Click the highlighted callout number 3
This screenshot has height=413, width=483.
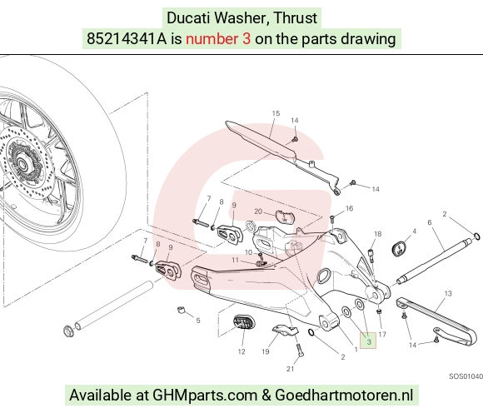(369, 341)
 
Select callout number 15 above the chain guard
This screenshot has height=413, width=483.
(276, 113)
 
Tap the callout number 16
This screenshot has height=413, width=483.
(349, 208)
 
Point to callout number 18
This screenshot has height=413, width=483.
(377, 234)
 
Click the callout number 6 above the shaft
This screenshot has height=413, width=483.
(430, 222)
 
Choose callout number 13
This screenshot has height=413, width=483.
(448, 293)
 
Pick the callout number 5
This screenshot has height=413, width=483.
(198, 321)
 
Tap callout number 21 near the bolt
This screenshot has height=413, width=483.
(290, 369)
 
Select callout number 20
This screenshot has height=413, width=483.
(258, 211)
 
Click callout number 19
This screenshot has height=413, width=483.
(266, 351)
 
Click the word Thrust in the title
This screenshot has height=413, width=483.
(296, 17)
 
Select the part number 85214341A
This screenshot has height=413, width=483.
(127, 39)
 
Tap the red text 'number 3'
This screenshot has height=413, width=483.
(218, 39)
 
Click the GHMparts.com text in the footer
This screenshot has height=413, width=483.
(205, 395)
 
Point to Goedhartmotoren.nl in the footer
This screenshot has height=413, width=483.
(343, 395)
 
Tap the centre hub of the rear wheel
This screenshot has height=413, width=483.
(22, 163)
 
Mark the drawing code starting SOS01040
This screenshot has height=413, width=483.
(466, 376)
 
